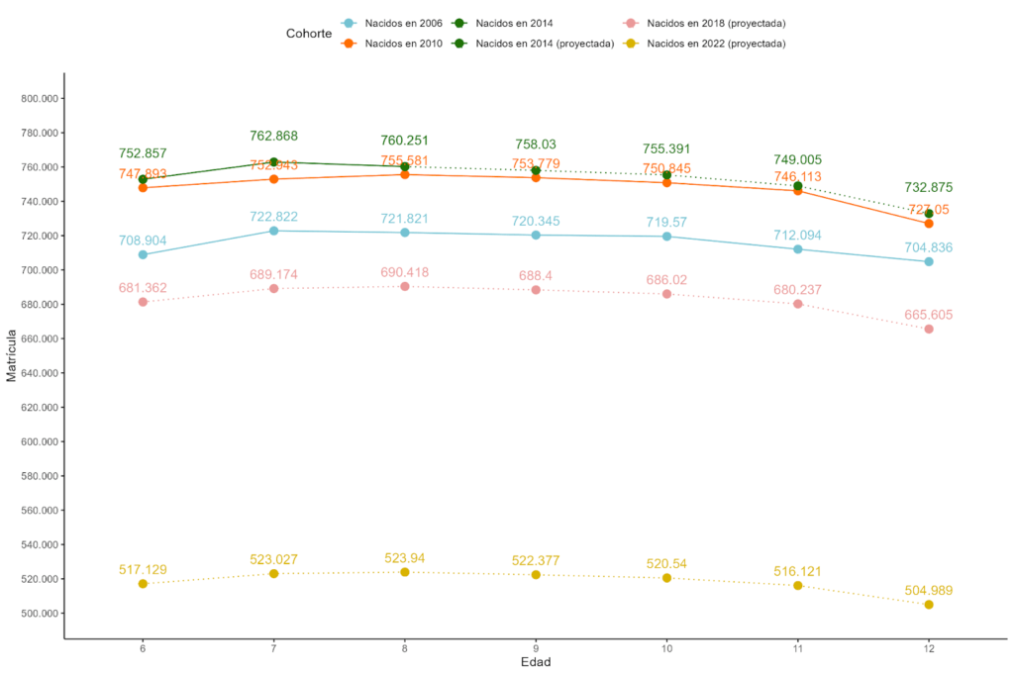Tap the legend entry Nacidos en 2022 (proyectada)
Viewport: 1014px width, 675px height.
(x=716, y=44)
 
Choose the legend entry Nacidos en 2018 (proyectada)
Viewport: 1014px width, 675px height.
(x=716, y=23)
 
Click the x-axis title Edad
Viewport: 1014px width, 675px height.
(x=536, y=661)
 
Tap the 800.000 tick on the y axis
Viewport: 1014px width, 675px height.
(x=41, y=99)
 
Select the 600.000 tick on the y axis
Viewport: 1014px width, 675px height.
(x=41, y=442)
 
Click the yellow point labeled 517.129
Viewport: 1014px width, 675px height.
(x=144, y=584)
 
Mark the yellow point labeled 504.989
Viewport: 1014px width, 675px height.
(x=929, y=605)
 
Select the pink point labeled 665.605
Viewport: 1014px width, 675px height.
(x=929, y=329)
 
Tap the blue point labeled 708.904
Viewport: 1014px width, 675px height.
(x=144, y=254)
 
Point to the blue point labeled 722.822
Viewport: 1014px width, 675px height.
(x=274, y=231)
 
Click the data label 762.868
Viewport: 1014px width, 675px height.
(x=273, y=137)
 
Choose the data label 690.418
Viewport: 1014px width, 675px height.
(x=405, y=272)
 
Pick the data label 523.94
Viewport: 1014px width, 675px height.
(x=405, y=558)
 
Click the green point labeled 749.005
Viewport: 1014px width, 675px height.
(x=798, y=186)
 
